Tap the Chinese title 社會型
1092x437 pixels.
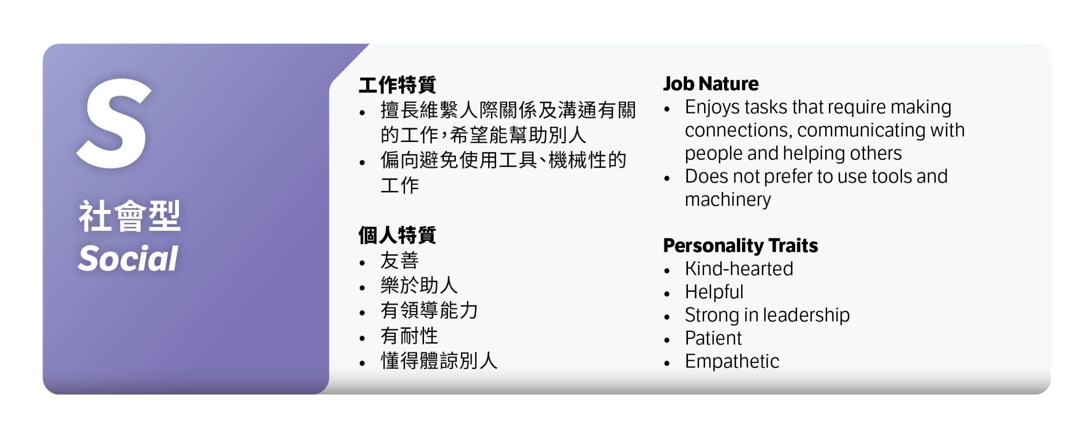[130, 216]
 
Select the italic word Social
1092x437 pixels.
[128, 259]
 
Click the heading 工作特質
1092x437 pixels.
[397, 85]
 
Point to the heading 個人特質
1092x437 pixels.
[397, 235]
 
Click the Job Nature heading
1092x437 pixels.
[711, 84]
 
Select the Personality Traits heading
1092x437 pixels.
[740, 246]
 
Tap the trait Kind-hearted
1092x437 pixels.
[739, 269]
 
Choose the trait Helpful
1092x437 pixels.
[714, 292]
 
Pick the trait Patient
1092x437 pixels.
[713, 338]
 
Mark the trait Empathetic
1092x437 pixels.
[732, 361]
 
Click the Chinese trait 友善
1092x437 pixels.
[399, 261]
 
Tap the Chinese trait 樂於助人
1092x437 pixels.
[419, 285]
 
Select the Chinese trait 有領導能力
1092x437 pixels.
[429, 311]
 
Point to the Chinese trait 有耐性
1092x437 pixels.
[409, 336]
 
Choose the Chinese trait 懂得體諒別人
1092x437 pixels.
[439, 361]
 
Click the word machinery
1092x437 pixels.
[728, 200]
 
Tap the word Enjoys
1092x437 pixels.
[712, 108]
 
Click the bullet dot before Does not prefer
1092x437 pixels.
[667, 179]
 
